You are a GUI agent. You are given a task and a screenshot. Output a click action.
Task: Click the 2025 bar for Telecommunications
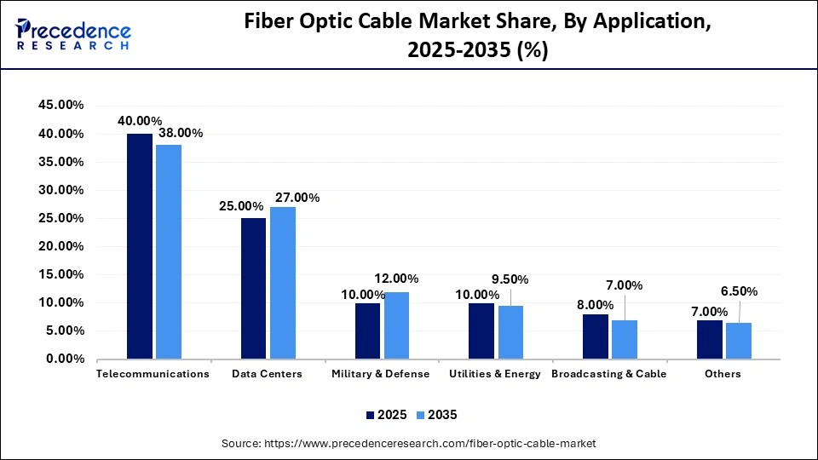pyautogui.click(x=140, y=246)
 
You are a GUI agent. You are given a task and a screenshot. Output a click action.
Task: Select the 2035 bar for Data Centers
pyautogui.click(x=283, y=283)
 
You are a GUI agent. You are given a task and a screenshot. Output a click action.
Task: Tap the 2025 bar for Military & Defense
pyautogui.click(x=368, y=331)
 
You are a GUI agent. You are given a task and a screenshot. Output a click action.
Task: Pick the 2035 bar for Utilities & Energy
pyautogui.click(x=511, y=332)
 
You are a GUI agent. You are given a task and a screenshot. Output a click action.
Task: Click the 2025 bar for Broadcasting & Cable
pyautogui.click(x=596, y=336)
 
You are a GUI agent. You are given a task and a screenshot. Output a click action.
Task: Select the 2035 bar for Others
pyautogui.click(x=739, y=341)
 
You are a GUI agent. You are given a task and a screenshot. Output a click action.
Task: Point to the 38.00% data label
pyautogui.click(x=180, y=133)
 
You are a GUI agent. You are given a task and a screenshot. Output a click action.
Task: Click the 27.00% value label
pyautogui.click(x=297, y=198)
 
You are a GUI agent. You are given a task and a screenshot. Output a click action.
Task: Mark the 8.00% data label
pyautogui.click(x=596, y=304)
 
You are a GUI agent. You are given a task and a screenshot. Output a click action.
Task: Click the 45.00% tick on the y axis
pyautogui.click(x=60, y=106)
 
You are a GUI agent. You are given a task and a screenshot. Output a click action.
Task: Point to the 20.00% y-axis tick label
pyautogui.click(x=60, y=246)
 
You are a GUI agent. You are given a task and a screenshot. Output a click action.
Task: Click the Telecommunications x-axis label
pyautogui.click(x=153, y=374)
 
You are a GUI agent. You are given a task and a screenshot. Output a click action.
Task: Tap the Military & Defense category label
pyautogui.click(x=382, y=374)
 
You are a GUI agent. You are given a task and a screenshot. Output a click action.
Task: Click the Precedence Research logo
pyautogui.click(x=72, y=33)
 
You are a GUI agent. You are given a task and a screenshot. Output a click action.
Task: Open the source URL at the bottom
pyautogui.click(x=408, y=443)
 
